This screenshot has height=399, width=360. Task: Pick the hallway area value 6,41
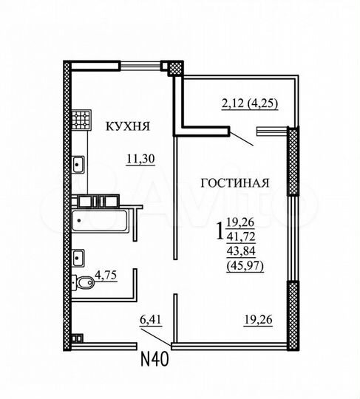click(x=150, y=320)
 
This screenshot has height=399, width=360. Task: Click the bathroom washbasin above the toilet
click(x=78, y=258)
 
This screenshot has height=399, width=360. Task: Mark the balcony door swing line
click(x=243, y=137)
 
